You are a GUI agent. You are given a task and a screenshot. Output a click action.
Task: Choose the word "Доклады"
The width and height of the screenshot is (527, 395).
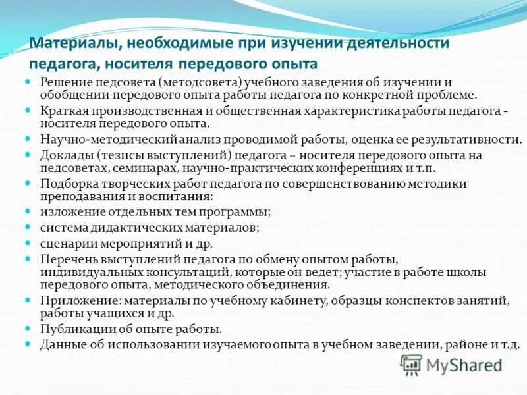tap(63, 155)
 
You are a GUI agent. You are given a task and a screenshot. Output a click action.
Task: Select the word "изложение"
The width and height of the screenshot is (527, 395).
tap(69, 212)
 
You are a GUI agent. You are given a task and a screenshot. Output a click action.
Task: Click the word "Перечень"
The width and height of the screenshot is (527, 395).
tap(66, 259)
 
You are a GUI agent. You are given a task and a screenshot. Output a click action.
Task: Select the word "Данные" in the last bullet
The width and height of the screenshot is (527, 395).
tap(60, 344)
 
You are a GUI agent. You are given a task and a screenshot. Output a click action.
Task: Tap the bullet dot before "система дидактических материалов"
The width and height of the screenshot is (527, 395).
tap(28, 227)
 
